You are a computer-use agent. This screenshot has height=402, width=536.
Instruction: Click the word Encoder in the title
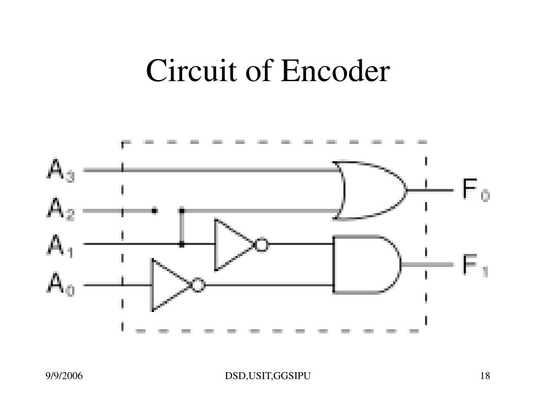point(336,72)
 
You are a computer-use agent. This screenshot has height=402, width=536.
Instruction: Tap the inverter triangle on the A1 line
point(232,244)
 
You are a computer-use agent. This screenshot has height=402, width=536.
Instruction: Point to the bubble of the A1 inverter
point(261,244)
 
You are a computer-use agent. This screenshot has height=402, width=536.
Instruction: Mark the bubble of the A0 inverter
point(198,285)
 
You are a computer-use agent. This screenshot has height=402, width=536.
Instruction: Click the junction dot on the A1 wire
point(182,244)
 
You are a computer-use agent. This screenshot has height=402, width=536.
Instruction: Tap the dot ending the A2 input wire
point(154,210)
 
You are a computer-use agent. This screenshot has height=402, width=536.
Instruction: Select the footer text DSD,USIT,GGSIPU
point(269,376)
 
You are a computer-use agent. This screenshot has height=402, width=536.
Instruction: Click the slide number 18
point(484,376)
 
